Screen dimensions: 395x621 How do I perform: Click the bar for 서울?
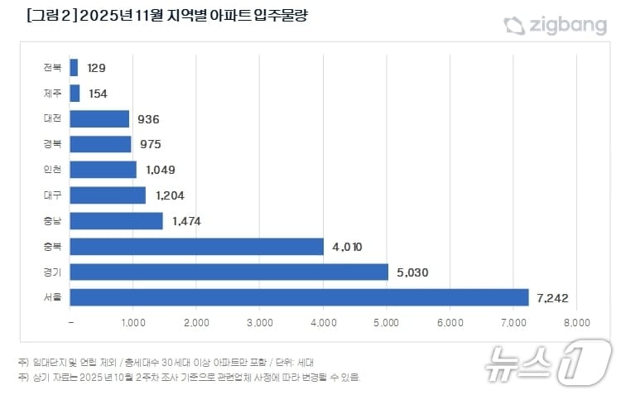coord(299,297)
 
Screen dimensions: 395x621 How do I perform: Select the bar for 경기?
coord(229,272)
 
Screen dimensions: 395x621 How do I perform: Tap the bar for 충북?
coord(197,246)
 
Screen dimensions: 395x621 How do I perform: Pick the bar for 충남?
coord(117,221)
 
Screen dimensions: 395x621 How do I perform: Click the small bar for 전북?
coord(75,68)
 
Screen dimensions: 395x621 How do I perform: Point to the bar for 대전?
coord(99,118)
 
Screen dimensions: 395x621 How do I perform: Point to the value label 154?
coord(97,94)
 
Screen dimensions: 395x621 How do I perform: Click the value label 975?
coord(151,145)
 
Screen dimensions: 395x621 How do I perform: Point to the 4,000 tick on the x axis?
coord(323,322)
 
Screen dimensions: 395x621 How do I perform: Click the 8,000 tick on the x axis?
coord(576,322)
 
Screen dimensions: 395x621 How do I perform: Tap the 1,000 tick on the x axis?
coord(133,322)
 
